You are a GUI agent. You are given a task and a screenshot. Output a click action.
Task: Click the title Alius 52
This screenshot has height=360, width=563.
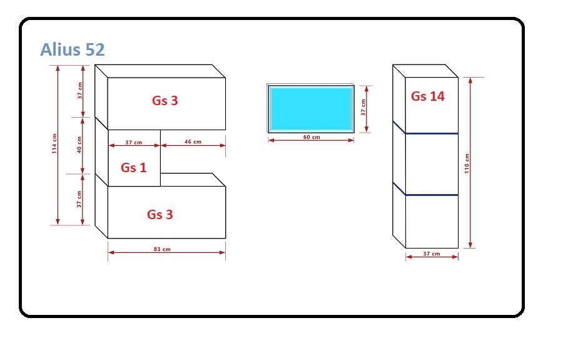(73, 50)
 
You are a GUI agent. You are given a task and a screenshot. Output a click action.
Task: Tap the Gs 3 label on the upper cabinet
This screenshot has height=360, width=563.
(165, 100)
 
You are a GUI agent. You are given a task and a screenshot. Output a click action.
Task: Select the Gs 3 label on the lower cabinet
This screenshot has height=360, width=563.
(160, 215)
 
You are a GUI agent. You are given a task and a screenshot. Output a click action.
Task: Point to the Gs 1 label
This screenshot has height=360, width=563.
(133, 167)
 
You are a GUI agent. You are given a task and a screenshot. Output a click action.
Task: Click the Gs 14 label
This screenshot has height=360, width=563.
(428, 96)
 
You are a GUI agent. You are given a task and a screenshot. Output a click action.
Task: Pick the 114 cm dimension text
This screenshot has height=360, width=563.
(54, 144)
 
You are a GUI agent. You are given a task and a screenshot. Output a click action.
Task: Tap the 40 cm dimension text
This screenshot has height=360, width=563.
(79, 146)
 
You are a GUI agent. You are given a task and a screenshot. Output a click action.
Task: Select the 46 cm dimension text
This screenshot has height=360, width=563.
(193, 142)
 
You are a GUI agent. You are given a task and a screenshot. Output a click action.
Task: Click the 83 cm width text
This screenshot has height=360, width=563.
(162, 249)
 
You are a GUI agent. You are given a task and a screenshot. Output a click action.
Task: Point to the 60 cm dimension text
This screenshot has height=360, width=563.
(312, 137)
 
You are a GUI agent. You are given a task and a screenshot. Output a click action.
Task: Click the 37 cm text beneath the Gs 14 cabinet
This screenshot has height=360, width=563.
(432, 254)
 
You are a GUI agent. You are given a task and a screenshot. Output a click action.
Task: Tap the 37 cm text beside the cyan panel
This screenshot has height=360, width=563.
(363, 108)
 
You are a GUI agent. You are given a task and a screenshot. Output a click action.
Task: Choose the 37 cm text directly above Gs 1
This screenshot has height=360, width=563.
(134, 143)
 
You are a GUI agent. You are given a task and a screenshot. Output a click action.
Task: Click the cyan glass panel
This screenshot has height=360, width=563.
(311, 108)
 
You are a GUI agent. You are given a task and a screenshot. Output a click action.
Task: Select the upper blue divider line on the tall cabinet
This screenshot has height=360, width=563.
(432, 133)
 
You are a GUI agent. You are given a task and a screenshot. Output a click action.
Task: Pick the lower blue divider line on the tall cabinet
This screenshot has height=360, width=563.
(432, 195)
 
